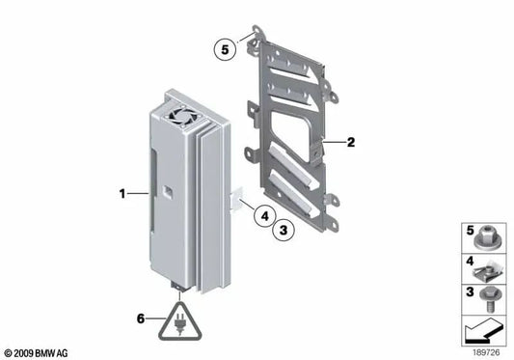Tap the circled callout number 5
(x=225, y=50)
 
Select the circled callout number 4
(x=264, y=216)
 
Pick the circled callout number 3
(x=284, y=230)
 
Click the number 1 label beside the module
(x=122, y=194)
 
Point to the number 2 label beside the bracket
(x=351, y=143)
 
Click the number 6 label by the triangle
(x=141, y=318)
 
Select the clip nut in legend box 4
(x=486, y=271)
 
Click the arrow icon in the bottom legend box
(x=482, y=330)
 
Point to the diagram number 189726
(x=486, y=352)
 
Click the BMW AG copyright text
(x=36, y=353)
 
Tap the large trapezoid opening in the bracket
(x=292, y=134)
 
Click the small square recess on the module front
(x=168, y=191)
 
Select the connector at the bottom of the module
(x=179, y=287)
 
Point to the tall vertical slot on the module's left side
(x=153, y=189)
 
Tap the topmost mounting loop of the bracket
(x=257, y=30)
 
